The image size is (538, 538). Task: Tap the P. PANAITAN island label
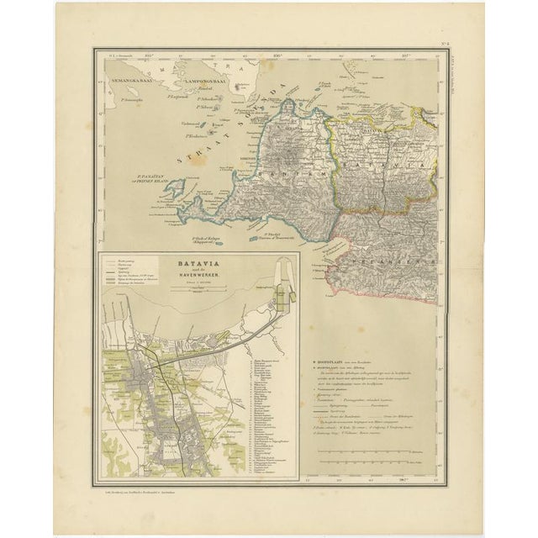pos(153,177)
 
